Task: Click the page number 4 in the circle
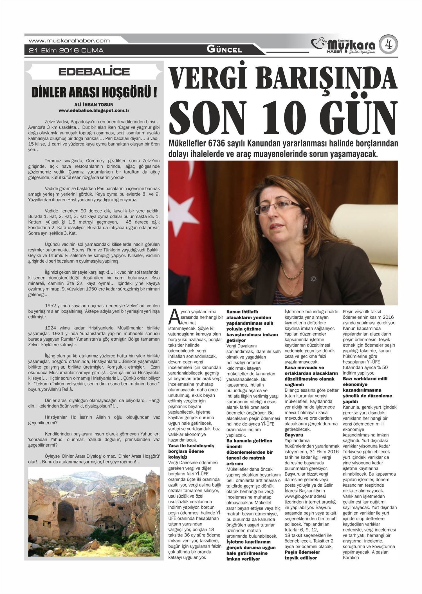[388, 45]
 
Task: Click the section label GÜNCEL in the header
[224, 50]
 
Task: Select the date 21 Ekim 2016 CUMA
[66, 51]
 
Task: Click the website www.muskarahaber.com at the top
[69, 41]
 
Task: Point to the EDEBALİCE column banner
[94, 72]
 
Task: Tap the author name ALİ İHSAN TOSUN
[94, 105]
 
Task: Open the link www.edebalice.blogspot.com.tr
[94, 110]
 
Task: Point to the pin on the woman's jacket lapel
[312, 279]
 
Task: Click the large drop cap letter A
[174, 317]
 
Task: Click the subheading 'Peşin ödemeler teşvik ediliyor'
[302, 555]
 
